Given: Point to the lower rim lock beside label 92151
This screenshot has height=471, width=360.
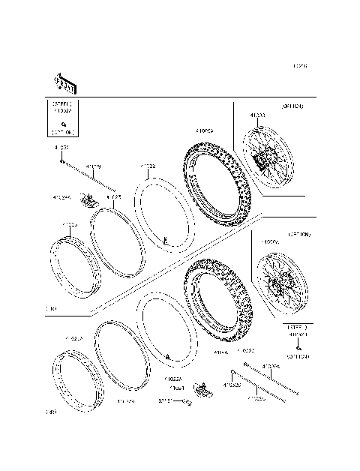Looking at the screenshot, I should point(201,388).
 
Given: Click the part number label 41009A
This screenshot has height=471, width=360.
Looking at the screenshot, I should point(205,130).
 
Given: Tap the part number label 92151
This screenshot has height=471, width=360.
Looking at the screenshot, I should point(166,401).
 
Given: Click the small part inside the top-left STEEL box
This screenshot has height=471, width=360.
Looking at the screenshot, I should point(64,122).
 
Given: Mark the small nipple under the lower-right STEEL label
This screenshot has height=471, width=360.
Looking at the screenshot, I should point(298,347).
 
